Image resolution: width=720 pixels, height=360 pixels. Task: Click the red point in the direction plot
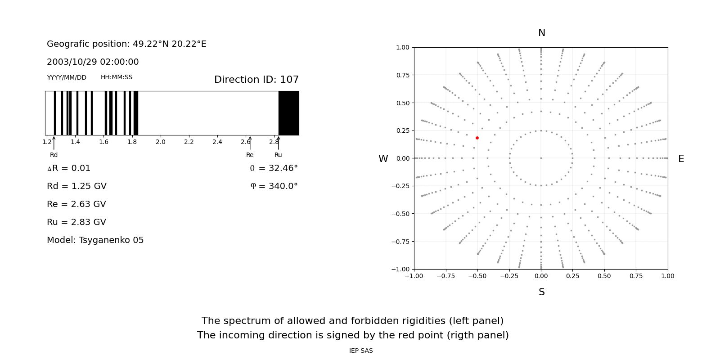(477, 138)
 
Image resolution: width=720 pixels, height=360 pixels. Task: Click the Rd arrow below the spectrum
(54, 143)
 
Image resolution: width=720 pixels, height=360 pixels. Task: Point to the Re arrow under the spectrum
(250, 143)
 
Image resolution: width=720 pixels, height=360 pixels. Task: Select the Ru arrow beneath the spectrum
(278, 143)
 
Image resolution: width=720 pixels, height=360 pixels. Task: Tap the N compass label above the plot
(541, 33)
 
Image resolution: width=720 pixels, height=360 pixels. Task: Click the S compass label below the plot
(541, 292)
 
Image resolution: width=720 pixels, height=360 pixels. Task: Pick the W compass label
(383, 159)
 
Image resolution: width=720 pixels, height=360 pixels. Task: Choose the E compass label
(681, 159)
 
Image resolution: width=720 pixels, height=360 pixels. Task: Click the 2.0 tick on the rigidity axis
(161, 142)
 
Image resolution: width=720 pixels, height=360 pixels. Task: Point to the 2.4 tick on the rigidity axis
(217, 142)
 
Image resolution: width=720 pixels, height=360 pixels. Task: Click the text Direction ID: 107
(256, 80)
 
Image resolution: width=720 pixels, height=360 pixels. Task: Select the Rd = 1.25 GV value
(76, 186)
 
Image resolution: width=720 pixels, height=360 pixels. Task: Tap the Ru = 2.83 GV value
(76, 222)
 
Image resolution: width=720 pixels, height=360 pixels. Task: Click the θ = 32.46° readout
(274, 168)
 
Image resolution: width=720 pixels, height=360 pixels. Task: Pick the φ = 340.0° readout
(274, 186)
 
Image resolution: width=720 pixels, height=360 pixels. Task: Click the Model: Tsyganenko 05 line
(95, 240)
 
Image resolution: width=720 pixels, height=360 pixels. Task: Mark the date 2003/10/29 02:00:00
(93, 62)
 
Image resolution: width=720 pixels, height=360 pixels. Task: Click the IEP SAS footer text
(361, 351)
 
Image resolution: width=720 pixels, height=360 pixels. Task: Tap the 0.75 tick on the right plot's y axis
(403, 75)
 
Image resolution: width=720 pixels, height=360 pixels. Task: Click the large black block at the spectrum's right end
(288, 113)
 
